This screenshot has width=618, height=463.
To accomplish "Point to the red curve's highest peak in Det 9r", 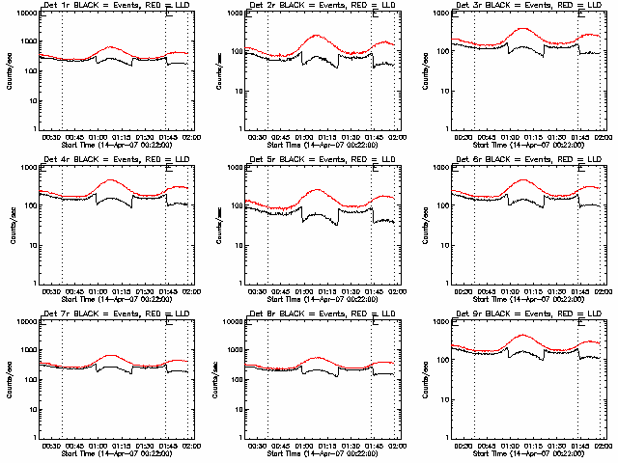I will pos(524,335).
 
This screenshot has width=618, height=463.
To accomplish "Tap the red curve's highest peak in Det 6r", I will pos(524,179).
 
